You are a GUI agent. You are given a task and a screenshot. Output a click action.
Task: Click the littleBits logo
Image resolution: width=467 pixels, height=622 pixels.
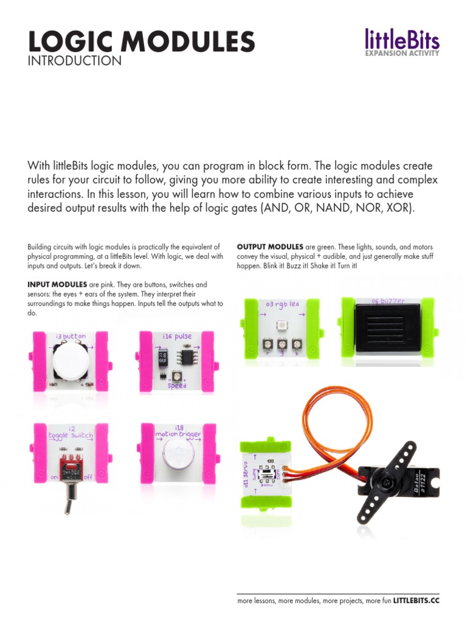401,39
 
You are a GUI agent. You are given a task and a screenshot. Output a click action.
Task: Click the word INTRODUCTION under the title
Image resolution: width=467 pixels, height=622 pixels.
75,61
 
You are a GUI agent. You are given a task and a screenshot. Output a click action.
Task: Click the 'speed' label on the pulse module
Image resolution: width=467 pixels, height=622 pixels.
176,384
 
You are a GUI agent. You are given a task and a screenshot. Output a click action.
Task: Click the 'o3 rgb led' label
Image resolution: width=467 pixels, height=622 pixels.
282,303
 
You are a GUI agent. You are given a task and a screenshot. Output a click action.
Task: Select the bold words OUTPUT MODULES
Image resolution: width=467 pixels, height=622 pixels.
270,247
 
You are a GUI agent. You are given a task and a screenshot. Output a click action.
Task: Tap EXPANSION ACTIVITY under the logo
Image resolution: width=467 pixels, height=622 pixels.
401,53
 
